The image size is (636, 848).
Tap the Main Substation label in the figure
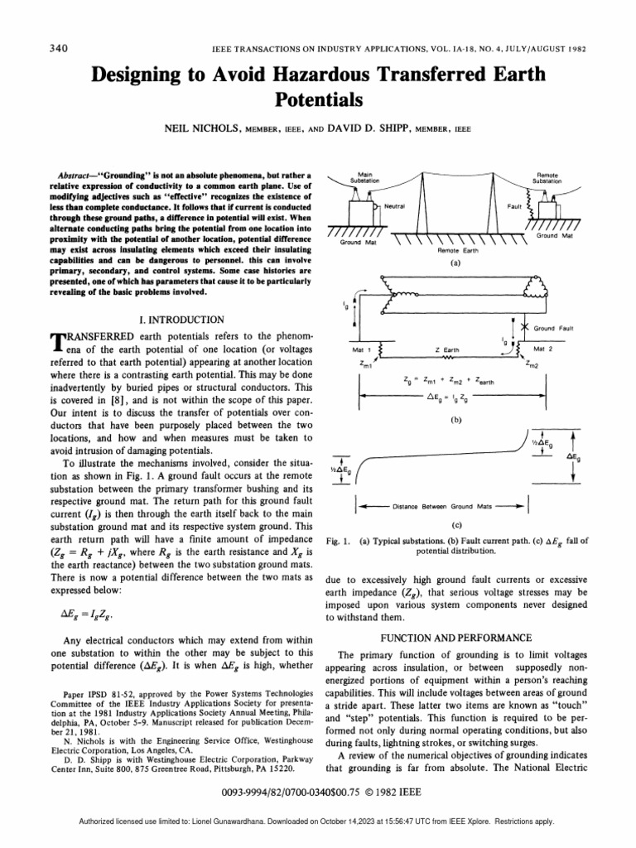click(x=365, y=177)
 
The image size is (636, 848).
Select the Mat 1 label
click(x=364, y=350)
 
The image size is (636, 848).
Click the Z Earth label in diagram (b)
click(x=448, y=350)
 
